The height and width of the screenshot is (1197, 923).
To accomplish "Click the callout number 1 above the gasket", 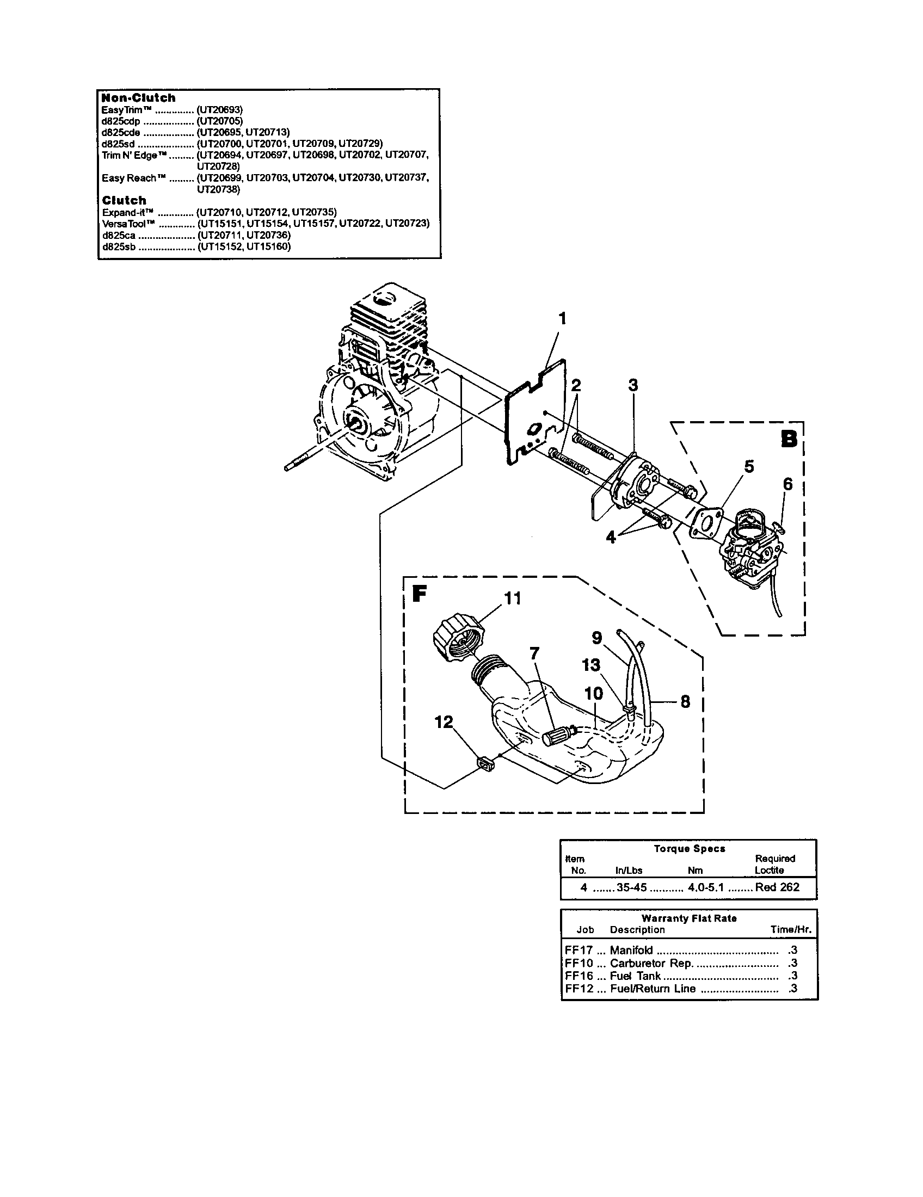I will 561,319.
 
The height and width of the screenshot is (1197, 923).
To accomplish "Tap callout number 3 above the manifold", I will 633,385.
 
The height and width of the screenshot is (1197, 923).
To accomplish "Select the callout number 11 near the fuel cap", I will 512,598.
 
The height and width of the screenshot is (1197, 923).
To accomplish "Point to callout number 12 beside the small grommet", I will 444,723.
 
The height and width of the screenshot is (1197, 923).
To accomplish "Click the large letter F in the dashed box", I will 419,594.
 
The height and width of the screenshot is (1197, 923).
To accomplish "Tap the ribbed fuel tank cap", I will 457,639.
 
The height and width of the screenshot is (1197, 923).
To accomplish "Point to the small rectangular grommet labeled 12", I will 485,763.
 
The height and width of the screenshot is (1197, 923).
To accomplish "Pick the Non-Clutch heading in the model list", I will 139,98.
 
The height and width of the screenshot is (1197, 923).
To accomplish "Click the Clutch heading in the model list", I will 125,201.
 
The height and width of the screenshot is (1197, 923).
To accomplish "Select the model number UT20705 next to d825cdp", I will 219,121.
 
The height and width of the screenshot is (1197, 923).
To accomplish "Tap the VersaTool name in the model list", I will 130,224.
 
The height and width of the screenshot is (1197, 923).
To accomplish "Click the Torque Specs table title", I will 689,849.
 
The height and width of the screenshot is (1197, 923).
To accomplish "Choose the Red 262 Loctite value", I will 777,887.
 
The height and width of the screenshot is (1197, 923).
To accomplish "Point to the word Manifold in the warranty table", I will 631,951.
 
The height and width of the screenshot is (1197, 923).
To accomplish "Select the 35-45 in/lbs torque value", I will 631,887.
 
